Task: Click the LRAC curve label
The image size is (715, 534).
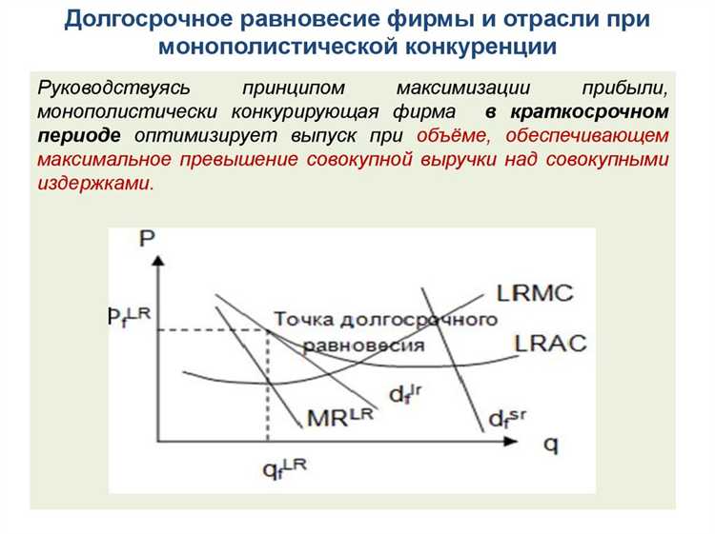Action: [x=550, y=343]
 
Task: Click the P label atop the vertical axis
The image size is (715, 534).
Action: [x=146, y=238]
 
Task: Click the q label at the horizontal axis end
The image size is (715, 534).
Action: [x=551, y=445]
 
